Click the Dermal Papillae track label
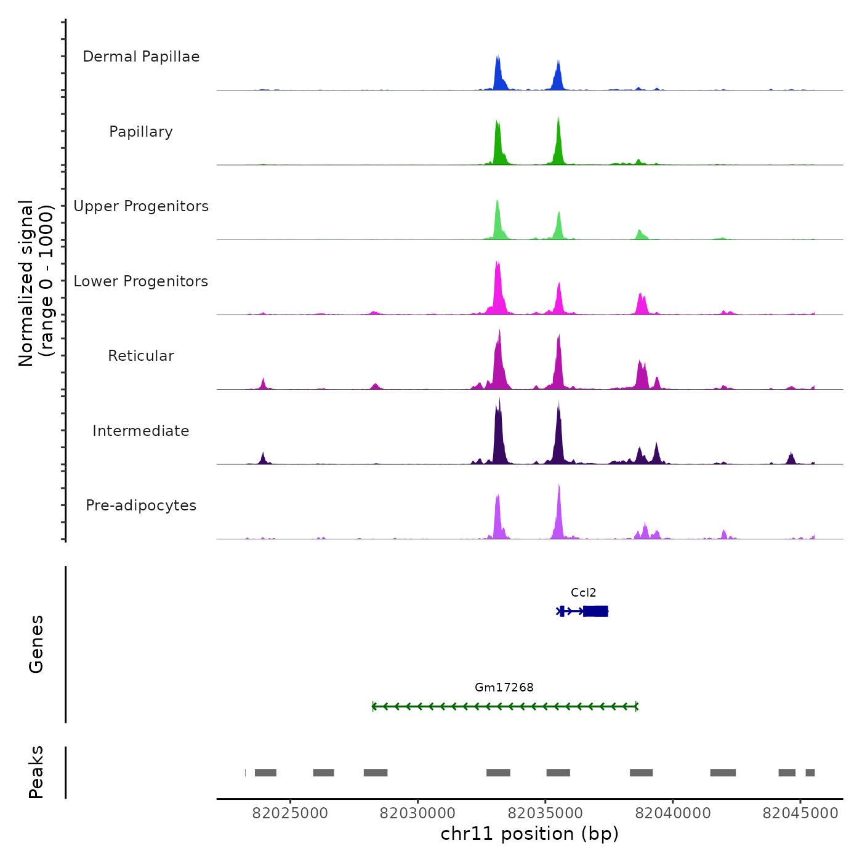tap(141, 57)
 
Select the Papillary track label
tap(141, 132)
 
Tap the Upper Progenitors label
tap(141, 206)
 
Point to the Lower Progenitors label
tap(141, 281)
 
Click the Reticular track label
tap(141, 356)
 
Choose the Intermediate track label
tap(141, 431)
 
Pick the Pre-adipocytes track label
tap(141, 506)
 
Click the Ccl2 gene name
tap(583, 593)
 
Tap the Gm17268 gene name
tap(504, 688)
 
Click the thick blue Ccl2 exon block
tap(595, 611)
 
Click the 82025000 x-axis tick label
tap(290, 813)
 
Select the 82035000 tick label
tap(545, 813)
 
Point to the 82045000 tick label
tap(800, 813)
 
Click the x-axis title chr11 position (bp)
tap(530, 834)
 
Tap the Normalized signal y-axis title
tap(36, 283)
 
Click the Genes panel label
tap(36, 644)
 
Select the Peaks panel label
tap(36, 772)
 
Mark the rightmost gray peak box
tap(810, 773)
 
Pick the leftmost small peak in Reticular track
tap(263, 384)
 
